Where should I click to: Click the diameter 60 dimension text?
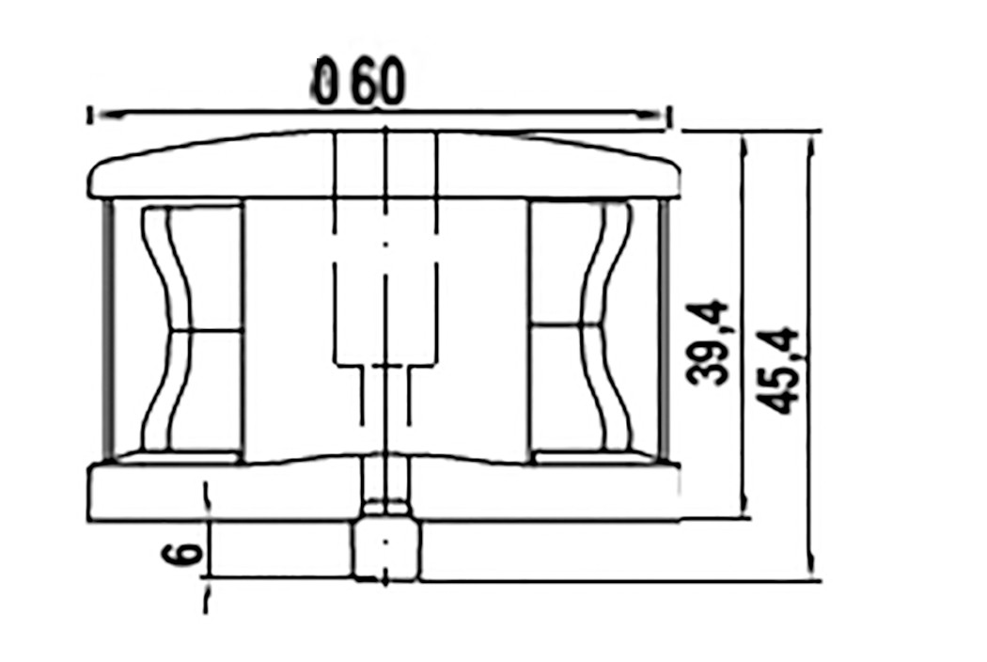359,82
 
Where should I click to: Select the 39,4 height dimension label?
708,344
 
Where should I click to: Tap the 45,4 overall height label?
778,370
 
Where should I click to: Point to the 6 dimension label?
182,554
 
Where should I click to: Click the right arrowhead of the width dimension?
649,116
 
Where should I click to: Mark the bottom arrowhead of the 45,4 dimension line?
812,564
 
